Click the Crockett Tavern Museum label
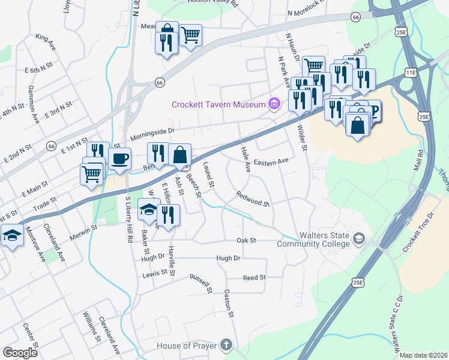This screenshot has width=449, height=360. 218,104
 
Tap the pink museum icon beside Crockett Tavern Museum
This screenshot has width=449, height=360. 274,104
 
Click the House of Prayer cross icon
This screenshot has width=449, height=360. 226,345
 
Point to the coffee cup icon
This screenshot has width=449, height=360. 121,159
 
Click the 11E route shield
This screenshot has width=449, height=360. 411,72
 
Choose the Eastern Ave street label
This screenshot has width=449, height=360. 271,162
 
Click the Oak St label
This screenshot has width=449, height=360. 246,240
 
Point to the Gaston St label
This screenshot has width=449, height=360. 228,300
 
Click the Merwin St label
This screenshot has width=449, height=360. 85,229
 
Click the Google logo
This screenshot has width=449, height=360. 20,353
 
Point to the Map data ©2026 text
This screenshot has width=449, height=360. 423,355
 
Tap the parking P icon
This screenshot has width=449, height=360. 373,110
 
